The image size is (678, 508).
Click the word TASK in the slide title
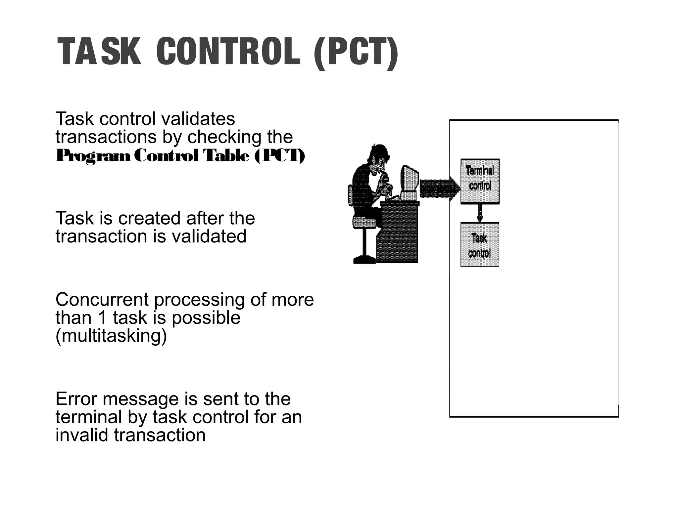[x=99, y=52]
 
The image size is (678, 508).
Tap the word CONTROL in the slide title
[x=228, y=52]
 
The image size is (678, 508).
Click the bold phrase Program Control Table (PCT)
[x=180, y=156]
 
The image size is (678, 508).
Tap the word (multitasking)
[x=111, y=336]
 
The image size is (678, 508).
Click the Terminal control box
[x=480, y=181]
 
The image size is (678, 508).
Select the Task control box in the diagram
[x=480, y=245]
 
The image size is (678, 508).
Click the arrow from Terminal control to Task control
[x=480, y=213]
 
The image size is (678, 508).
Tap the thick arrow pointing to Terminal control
[x=440, y=189]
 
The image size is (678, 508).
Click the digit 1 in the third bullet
[x=102, y=318]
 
